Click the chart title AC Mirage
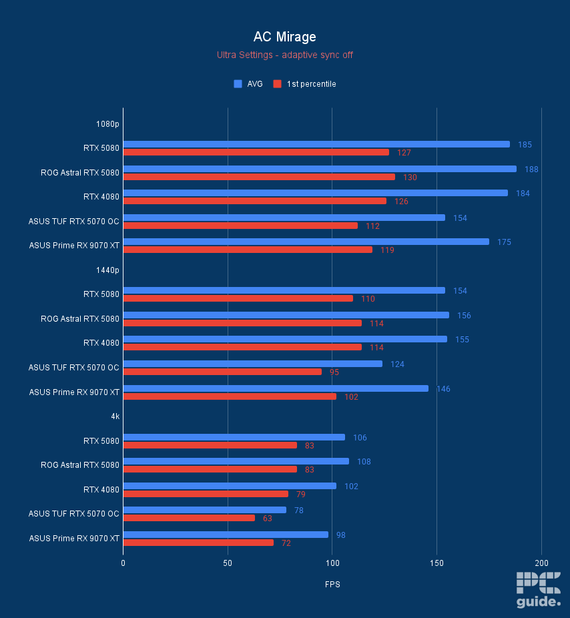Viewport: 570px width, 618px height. (x=285, y=37)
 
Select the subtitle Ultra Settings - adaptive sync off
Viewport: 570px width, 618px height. (x=285, y=55)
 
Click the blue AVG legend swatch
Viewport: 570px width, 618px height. (x=238, y=84)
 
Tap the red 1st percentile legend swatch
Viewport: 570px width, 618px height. (x=277, y=84)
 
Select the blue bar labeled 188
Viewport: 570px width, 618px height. (x=320, y=169)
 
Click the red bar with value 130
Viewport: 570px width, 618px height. (x=259, y=177)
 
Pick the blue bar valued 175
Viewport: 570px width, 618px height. (x=306, y=242)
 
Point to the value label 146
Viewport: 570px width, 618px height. (x=443, y=388)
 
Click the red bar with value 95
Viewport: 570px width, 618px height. (x=222, y=372)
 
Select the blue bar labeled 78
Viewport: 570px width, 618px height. (x=204, y=510)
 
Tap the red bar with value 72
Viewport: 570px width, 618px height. (x=198, y=543)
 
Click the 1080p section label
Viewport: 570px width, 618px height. (x=107, y=123)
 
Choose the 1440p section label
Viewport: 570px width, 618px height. (x=107, y=270)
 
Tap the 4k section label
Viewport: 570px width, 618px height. (x=115, y=416)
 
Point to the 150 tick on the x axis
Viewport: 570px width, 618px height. (x=437, y=563)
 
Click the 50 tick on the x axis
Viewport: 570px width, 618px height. (x=228, y=563)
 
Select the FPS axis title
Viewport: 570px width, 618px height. (x=332, y=585)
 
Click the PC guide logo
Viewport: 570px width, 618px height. (x=538, y=590)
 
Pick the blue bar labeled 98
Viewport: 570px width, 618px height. (x=226, y=535)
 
